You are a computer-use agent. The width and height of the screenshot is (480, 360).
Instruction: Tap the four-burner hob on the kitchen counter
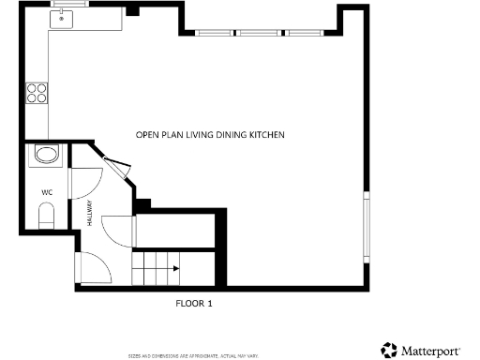[x=37, y=92]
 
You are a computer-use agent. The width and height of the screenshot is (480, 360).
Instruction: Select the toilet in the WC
[x=47, y=217]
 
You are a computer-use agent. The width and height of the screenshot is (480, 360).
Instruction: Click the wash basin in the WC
[x=45, y=155]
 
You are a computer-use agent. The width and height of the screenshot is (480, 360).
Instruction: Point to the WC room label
[x=47, y=192]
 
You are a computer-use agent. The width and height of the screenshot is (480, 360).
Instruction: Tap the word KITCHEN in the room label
[x=266, y=135]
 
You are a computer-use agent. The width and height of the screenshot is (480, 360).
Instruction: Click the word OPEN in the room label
[x=147, y=135]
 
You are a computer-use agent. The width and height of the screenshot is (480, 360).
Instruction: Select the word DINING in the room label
[x=230, y=135]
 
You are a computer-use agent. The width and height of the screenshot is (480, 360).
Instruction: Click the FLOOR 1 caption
[x=195, y=303]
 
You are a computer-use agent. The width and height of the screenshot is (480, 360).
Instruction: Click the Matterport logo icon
[x=389, y=350]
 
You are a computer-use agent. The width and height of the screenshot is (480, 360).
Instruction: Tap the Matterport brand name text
[x=431, y=351]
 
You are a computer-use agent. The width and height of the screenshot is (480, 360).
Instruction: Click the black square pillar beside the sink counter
[x=132, y=11]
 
